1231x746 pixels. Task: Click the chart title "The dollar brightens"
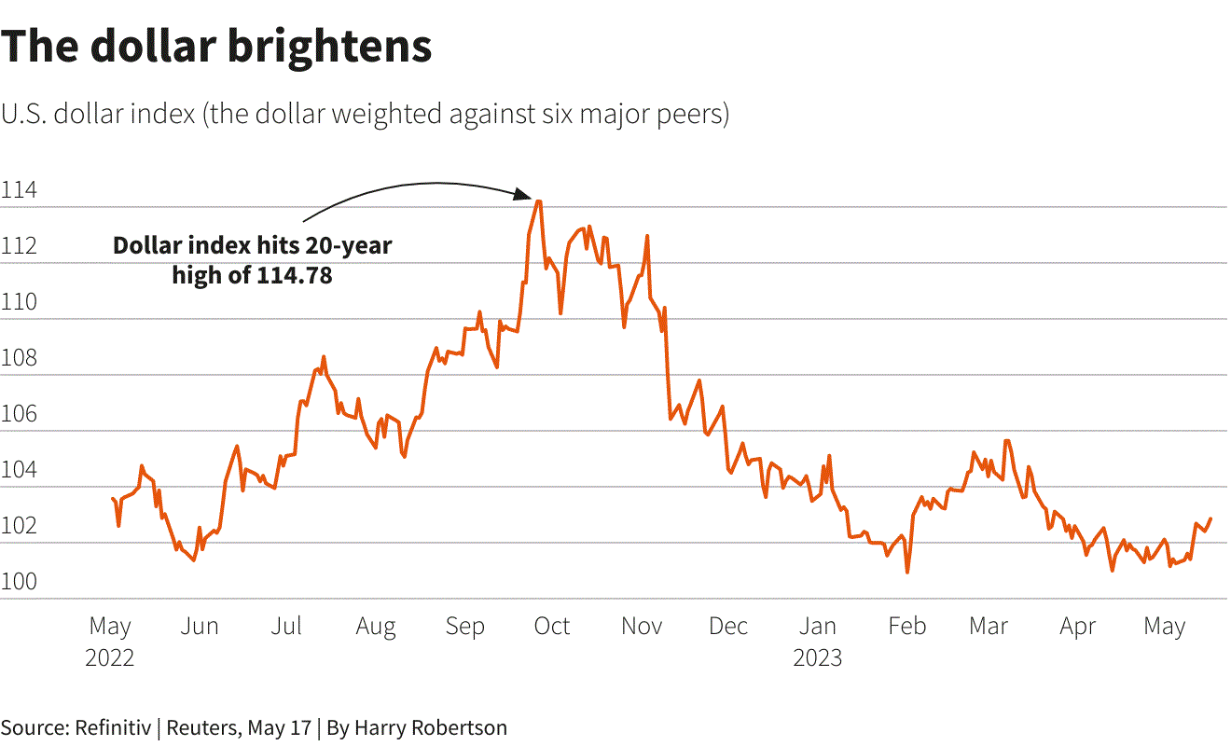point(216,47)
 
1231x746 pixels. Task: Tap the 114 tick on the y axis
point(19,191)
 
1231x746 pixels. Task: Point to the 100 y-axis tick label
point(19,583)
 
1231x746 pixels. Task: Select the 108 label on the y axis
point(19,359)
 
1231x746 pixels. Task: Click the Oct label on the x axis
point(552,626)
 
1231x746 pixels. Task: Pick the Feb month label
point(906,626)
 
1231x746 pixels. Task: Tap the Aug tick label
point(376,626)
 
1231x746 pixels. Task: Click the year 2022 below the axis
point(110,657)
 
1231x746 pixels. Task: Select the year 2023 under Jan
point(818,657)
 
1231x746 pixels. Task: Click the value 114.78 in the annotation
point(294,276)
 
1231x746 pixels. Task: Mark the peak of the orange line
point(538,200)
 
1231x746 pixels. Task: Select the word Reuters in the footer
point(201,727)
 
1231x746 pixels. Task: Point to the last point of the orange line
point(1210,518)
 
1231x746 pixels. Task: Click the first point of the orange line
point(113,499)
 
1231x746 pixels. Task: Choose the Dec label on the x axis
point(728,626)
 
